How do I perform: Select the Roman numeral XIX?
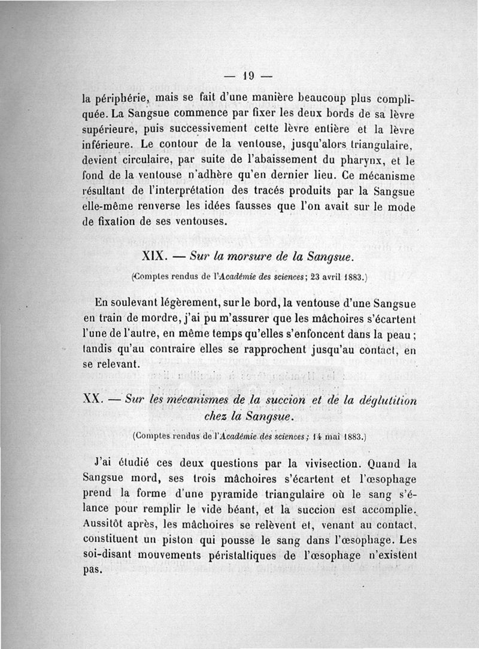pos(157,257)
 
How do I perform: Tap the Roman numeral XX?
pos(96,400)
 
